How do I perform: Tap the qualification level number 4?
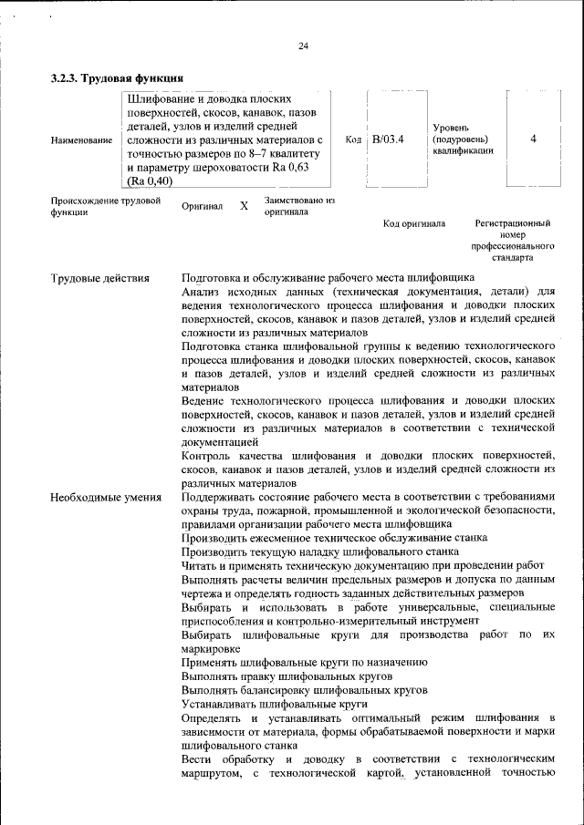(x=533, y=139)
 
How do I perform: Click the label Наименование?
(x=82, y=140)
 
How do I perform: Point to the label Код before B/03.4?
(x=354, y=139)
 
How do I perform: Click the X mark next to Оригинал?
(x=244, y=206)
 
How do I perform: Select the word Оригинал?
(x=203, y=206)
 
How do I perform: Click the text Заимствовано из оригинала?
(x=299, y=205)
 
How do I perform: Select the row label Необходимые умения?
(x=106, y=498)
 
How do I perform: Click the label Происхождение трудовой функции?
(x=106, y=205)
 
